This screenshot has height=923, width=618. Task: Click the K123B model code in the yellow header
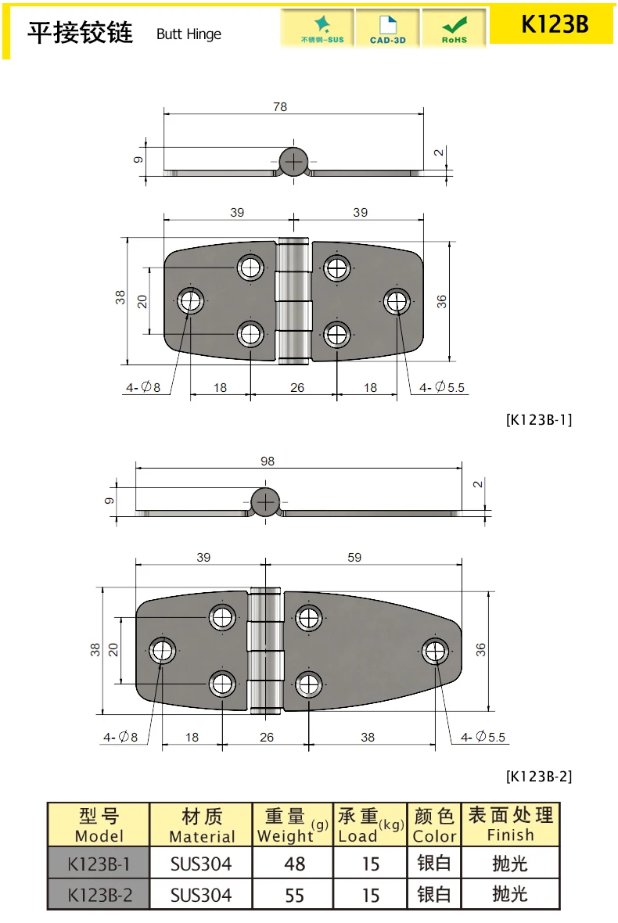(555, 24)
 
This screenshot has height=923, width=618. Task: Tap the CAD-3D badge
(388, 28)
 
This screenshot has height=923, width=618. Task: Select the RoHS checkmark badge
(455, 28)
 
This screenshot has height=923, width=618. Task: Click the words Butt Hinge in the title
(189, 34)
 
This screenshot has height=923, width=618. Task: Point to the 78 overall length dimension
(280, 106)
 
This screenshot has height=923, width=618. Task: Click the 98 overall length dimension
(268, 461)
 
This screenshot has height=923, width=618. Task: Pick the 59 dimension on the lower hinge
(354, 557)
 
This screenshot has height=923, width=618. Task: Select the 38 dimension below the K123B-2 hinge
(368, 737)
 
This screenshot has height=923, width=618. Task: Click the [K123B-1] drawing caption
(539, 420)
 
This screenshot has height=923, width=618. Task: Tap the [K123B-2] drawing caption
(539, 776)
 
